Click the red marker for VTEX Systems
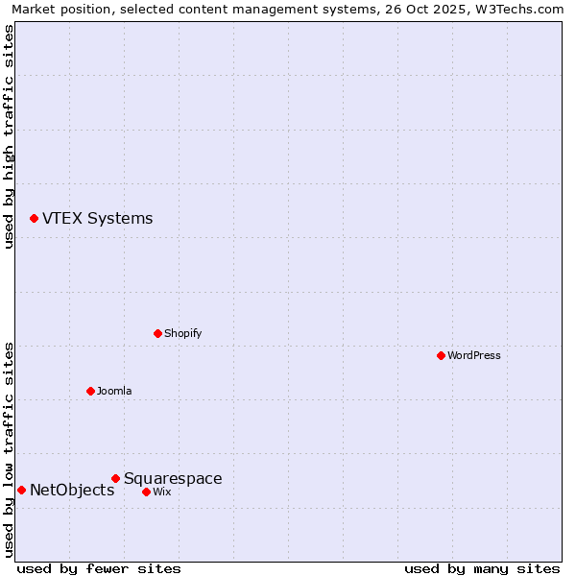(x=34, y=219)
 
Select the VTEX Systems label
(x=97, y=219)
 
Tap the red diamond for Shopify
(x=157, y=333)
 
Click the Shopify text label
(x=182, y=334)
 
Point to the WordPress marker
(x=441, y=355)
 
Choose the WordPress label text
(x=473, y=356)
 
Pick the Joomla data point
(x=90, y=391)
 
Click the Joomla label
(x=114, y=392)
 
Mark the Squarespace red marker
(x=115, y=478)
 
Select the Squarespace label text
(x=173, y=479)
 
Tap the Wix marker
(x=146, y=492)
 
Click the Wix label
(x=162, y=492)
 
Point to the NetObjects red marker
(x=21, y=490)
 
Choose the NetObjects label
(x=72, y=491)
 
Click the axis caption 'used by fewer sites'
(x=99, y=568)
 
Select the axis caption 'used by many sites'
(x=482, y=568)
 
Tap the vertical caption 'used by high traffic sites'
(x=9, y=136)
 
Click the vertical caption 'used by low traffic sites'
(x=9, y=449)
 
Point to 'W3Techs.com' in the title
(x=519, y=9)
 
